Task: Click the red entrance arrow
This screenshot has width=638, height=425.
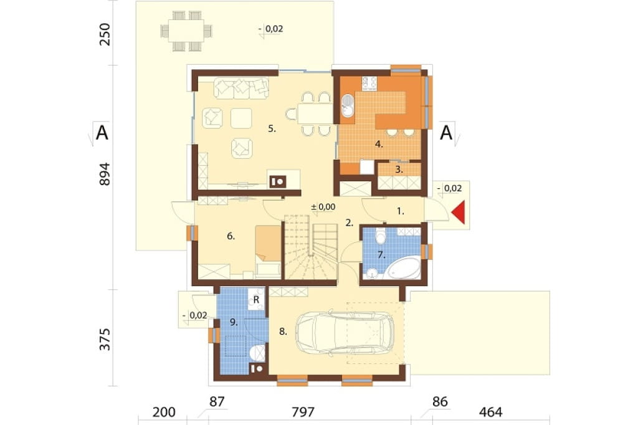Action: (459, 212)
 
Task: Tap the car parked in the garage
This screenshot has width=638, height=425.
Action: (345, 333)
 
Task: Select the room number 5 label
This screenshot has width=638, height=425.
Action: (272, 129)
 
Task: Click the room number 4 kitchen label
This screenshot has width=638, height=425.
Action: (379, 144)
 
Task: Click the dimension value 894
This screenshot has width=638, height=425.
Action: (105, 174)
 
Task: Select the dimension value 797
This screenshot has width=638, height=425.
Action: (303, 412)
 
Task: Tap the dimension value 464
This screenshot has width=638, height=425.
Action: (491, 412)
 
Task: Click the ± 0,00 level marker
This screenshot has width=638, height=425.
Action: (323, 207)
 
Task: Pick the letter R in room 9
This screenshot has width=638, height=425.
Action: (256, 300)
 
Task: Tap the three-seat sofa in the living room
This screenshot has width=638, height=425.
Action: (241, 88)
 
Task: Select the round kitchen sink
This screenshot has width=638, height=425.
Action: (348, 105)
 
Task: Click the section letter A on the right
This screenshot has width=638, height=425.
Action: (446, 133)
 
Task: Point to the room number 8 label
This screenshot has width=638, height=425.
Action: (283, 332)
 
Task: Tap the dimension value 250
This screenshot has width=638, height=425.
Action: (105, 35)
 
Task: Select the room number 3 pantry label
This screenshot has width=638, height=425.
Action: (399, 170)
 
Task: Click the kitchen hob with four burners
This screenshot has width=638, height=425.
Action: (369, 84)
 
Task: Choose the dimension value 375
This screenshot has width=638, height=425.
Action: (105, 339)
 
